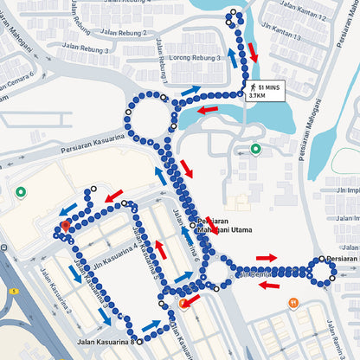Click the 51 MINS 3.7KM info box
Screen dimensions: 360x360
(x=266, y=91)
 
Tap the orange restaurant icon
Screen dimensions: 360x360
(x=293, y=302)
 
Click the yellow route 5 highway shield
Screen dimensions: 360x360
(x=13, y=291)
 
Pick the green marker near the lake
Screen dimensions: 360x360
(x=255, y=149)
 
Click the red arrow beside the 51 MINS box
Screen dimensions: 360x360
(x=253, y=51)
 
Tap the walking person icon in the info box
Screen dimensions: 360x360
(x=253, y=87)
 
